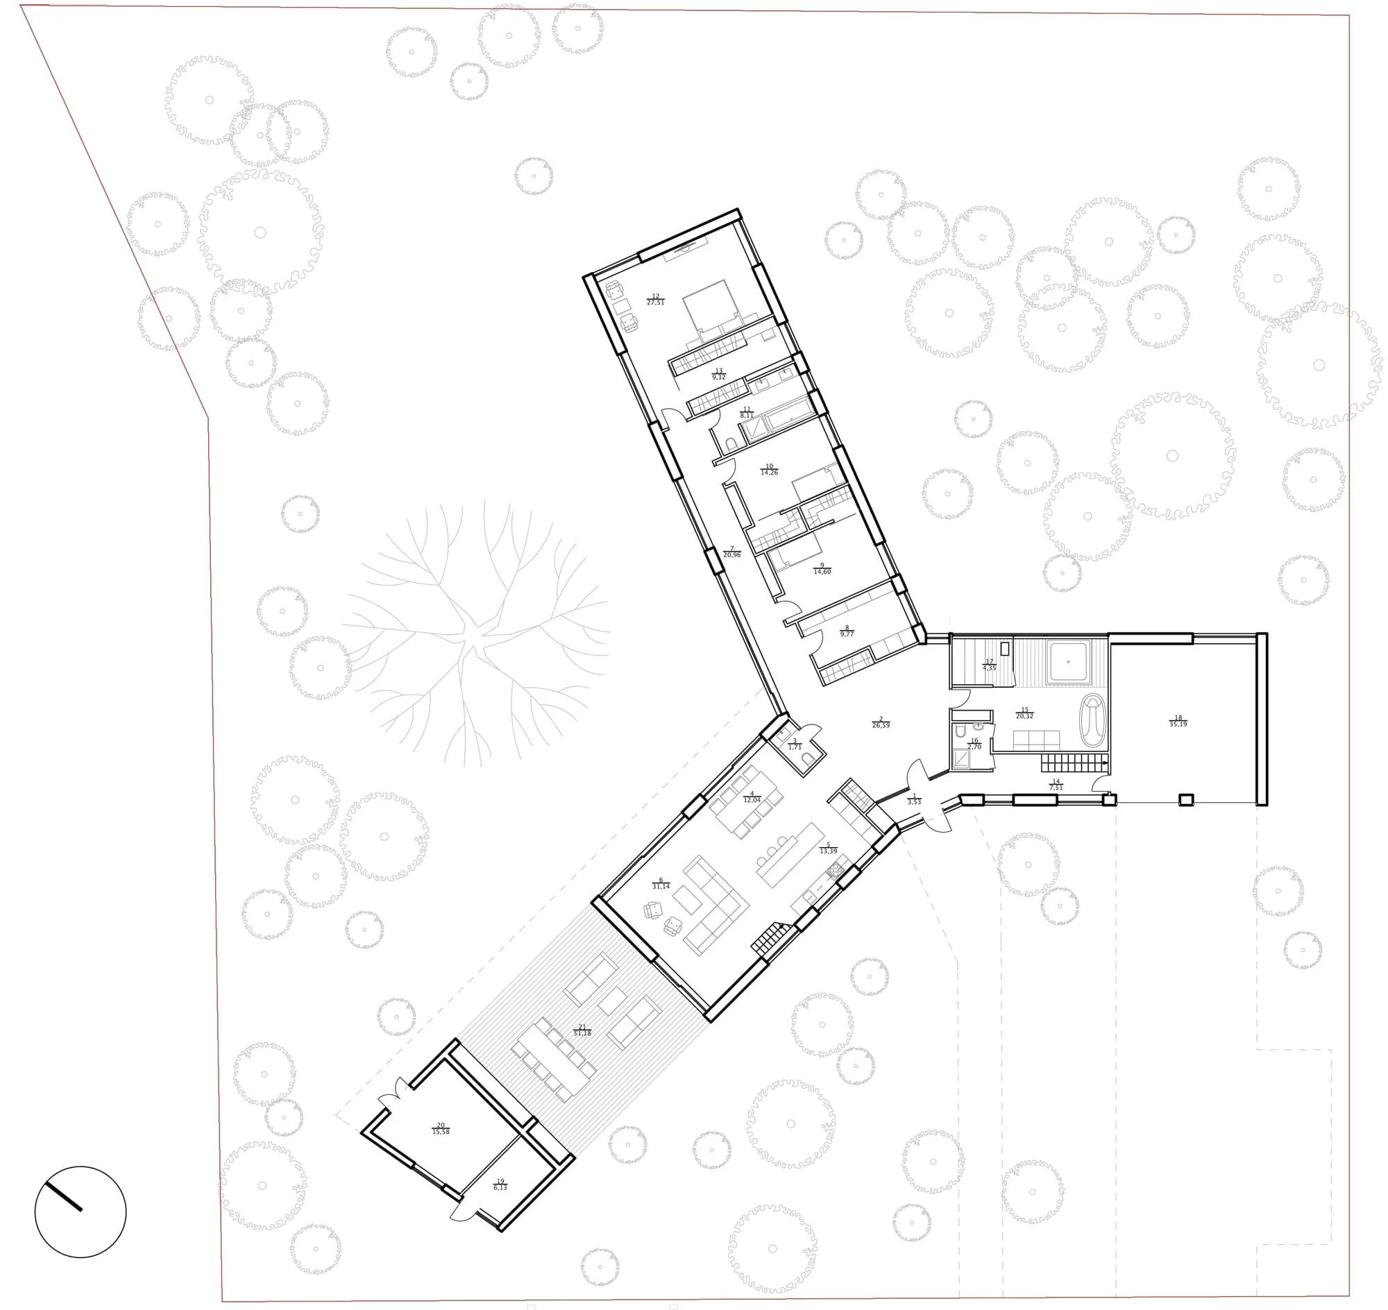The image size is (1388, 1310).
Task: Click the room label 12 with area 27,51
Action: [x=654, y=300]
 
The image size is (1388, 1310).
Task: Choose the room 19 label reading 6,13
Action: [x=500, y=1185]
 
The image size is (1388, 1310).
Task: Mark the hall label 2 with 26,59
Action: [x=881, y=722]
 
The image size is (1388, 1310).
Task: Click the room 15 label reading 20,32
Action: [x=1024, y=713]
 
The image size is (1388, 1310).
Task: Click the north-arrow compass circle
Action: [x=81, y=1211]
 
